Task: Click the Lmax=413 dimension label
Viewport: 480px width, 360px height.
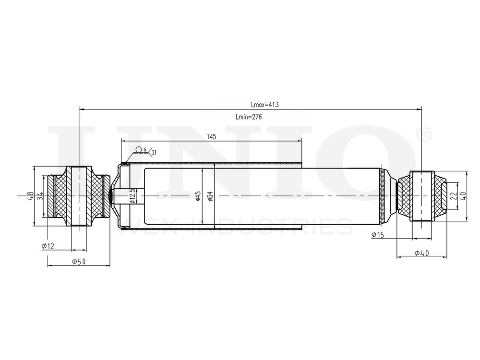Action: (265, 104)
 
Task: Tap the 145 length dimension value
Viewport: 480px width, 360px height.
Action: (212, 137)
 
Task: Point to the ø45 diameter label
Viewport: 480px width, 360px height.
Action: (198, 196)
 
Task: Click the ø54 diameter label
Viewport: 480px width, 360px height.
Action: (210, 196)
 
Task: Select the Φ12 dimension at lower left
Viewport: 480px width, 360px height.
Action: (48, 246)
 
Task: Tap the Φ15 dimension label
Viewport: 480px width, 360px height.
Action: (378, 234)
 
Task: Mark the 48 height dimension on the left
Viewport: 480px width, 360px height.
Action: (30, 196)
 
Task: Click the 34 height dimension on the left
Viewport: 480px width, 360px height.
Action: (41, 196)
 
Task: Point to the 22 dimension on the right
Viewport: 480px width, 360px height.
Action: (453, 196)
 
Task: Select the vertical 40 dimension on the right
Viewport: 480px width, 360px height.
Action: (463, 196)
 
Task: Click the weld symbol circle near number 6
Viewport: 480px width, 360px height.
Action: (138, 150)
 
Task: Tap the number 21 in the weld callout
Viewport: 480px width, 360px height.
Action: (154, 153)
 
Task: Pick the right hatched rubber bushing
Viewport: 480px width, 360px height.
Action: (440, 196)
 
